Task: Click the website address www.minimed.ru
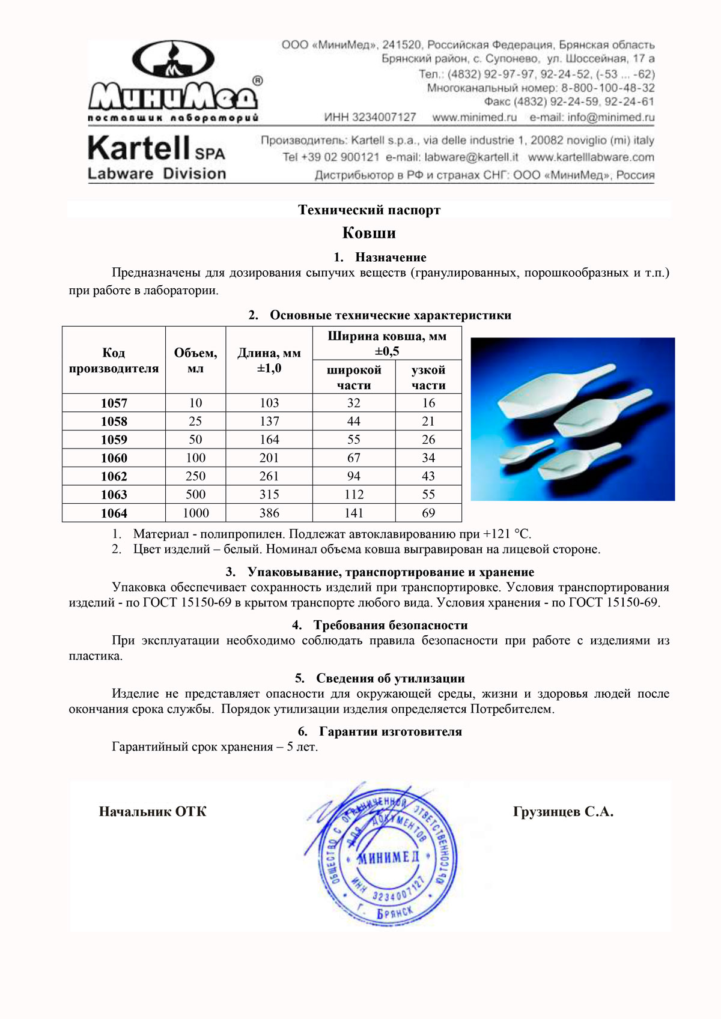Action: point(475,117)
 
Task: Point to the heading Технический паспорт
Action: point(369,210)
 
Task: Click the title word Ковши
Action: point(369,233)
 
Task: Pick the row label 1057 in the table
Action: point(114,403)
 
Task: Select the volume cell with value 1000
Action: point(196,513)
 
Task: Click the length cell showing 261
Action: point(269,476)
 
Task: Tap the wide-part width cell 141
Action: point(354,513)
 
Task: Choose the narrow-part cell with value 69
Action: point(428,513)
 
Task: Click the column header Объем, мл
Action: point(196,360)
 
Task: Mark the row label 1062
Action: point(114,476)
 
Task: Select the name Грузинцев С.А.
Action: point(563,812)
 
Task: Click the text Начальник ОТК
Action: point(153,812)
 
